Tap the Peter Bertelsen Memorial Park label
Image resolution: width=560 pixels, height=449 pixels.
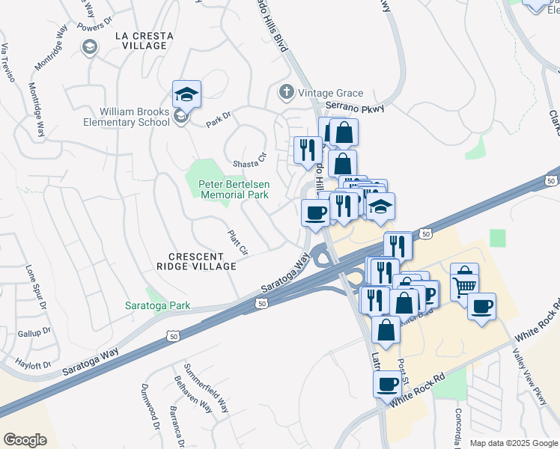(x=233, y=189)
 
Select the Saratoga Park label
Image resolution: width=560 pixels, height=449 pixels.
(x=157, y=305)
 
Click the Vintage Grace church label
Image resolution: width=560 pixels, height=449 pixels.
(x=330, y=94)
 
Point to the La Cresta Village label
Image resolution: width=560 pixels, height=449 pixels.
(x=144, y=40)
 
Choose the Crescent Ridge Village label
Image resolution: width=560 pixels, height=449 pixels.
(x=197, y=260)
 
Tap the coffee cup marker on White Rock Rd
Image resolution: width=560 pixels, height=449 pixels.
(x=387, y=385)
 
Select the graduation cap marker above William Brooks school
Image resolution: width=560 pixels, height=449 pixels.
(x=186, y=95)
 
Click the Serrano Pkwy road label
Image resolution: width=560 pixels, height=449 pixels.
(x=354, y=109)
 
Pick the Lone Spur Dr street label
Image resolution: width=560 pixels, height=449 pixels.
(x=35, y=287)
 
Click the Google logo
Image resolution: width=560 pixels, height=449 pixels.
(x=25, y=439)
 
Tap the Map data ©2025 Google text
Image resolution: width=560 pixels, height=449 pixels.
(x=513, y=443)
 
